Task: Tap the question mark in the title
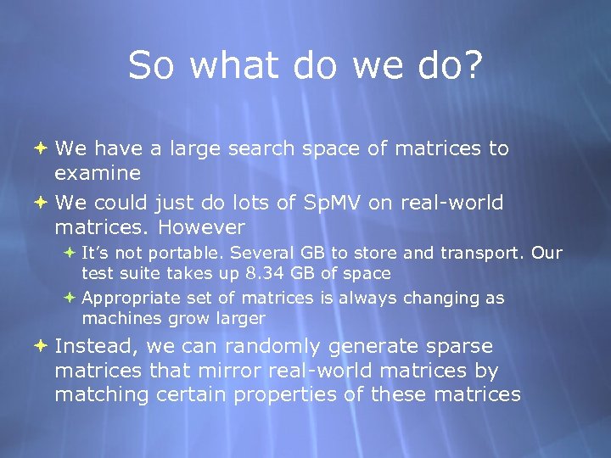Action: tap(472, 66)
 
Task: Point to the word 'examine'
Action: tap(98, 174)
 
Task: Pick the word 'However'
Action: tap(201, 228)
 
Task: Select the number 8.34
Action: tap(265, 273)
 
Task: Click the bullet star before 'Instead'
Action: tap(42, 346)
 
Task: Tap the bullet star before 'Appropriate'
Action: tap(70, 298)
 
